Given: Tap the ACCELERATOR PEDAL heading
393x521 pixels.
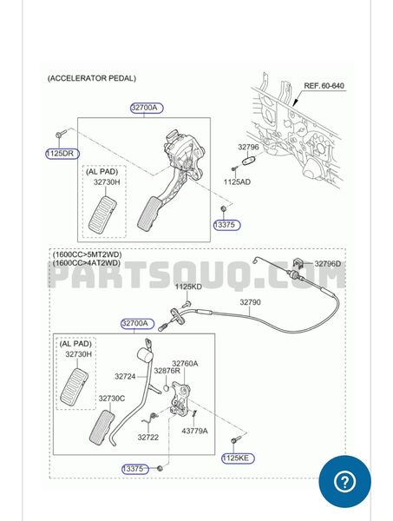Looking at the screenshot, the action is (x=92, y=78).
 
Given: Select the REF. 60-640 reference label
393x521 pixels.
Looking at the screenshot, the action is (x=324, y=86).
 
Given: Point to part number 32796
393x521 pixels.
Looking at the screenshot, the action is (x=248, y=147).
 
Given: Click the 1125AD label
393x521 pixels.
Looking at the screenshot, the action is (x=237, y=181).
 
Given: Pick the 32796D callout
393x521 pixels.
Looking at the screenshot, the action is (x=327, y=264).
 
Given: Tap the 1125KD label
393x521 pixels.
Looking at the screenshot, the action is (x=188, y=287).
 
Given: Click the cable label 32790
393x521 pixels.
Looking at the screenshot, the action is (x=250, y=302).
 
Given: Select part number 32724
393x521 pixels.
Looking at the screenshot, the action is (x=125, y=377).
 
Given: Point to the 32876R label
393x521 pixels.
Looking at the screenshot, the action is (x=167, y=371).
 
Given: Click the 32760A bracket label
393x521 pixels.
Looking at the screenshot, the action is (x=185, y=364).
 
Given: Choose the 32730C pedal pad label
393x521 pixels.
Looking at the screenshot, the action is (x=112, y=399).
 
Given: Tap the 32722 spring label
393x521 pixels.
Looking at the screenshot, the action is (x=148, y=438).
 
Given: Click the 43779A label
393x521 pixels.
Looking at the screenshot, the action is (x=194, y=431).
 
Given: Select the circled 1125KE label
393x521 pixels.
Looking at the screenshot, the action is (x=238, y=458).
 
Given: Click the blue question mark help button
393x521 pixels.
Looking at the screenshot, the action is (x=345, y=481).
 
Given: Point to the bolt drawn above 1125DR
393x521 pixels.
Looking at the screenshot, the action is (x=60, y=134).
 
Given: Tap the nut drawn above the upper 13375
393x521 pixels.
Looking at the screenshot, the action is (x=223, y=208).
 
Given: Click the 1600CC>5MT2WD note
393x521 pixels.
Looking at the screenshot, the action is (x=87, y=255).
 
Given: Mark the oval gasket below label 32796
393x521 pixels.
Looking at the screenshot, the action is (x=249, y=161).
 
